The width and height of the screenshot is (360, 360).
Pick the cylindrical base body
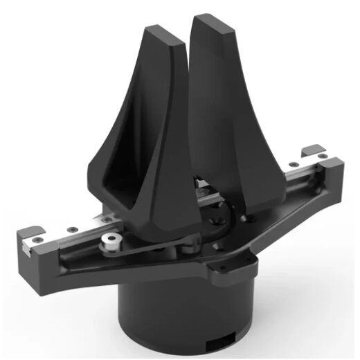pos(180,312)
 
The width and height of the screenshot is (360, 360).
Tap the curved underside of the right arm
pos(291,208)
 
